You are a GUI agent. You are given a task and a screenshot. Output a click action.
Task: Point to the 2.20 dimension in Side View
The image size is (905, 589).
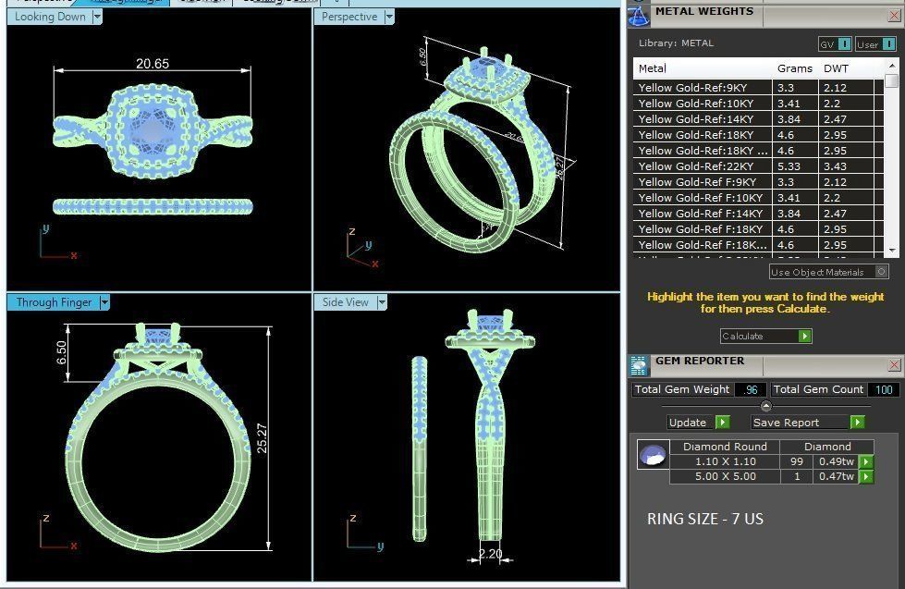[x=490, y=555]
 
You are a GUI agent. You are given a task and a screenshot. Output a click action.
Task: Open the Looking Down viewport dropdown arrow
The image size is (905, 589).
[x=97, y=17]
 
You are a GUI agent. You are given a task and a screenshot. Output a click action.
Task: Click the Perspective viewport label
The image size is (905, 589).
[x=349, y=17]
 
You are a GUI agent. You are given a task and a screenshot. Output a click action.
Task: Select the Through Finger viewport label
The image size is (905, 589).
[x=54, y=302]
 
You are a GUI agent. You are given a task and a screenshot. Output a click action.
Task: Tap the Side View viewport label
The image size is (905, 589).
[x=346, y=302]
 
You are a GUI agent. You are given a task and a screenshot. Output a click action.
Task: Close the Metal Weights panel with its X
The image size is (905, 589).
[x=894, y=13]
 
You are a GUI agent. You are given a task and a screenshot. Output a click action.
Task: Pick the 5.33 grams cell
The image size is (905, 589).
[x=786, y=166]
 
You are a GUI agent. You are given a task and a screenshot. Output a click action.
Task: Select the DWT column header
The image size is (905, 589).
[x=837, y=68]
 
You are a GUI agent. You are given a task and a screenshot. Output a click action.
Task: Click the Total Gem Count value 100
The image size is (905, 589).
[x=884, y=390]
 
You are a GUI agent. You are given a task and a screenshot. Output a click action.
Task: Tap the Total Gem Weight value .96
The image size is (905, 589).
[x=751, y=390]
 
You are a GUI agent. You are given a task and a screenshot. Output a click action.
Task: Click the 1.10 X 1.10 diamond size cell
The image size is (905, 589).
[x=726, y=461]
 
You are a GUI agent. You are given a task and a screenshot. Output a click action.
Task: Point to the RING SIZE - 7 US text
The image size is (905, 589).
[x=704, y=519]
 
